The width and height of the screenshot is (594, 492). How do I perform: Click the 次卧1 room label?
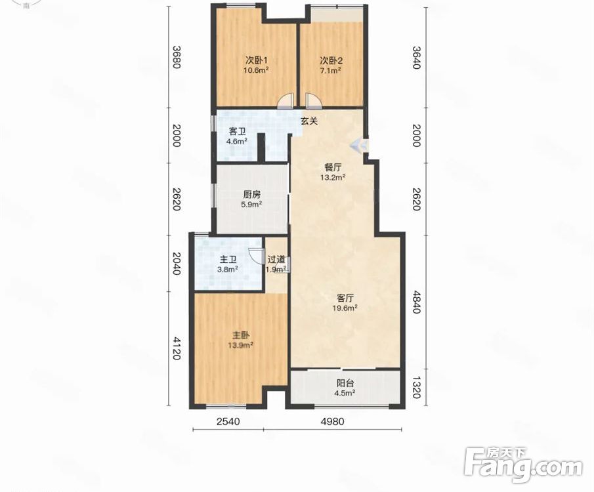[x=257, y=60]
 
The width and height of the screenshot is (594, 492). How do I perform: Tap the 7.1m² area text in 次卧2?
[x=331, y=70]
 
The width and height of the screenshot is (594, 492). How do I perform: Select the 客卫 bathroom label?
[x=237, y=131]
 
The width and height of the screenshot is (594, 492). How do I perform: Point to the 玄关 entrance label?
[x=308, y=121]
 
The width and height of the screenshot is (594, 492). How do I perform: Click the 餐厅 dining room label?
[x=333, y=167]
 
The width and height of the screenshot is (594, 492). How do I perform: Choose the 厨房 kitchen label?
[x=252, y=195]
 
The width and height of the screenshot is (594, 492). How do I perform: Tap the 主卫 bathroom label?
[x=228, y=260]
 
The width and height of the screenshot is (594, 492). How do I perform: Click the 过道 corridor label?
[x=276, y=260]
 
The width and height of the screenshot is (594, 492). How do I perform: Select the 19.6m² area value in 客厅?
[x=345, y=308]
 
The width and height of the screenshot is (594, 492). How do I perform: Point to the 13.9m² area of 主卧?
[x=241, y=345]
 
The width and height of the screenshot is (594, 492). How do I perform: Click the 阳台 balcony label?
[x=345, y=383]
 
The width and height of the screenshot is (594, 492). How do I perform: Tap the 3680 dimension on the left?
[x=176, y=57]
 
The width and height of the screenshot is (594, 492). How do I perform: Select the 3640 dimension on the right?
[x=416, y=57]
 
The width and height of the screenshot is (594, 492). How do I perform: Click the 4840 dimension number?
[x=416, y=302]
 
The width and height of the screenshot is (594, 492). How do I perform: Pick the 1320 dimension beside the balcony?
[x=416, y=388]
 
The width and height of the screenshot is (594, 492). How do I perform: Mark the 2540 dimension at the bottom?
[x=228, y=421]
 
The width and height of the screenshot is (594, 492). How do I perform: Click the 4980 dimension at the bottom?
[x=332, y=421]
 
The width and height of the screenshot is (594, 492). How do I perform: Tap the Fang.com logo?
[x=523, y=465]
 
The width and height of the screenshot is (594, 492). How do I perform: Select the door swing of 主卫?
[x=257, y=256]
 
